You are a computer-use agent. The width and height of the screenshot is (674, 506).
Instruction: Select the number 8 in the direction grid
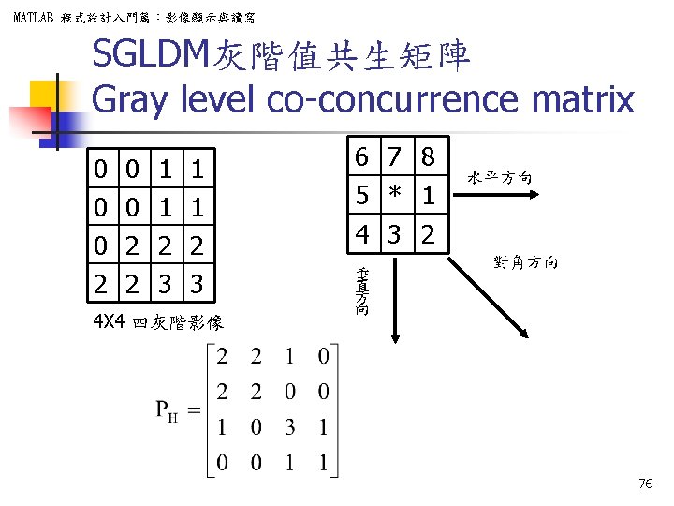(428, 157)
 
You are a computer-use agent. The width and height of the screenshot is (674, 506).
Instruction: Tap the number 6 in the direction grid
(361, 157)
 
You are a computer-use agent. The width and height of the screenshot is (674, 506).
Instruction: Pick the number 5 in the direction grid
(361, 196)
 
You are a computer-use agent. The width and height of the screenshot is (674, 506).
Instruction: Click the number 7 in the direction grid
(395, 157)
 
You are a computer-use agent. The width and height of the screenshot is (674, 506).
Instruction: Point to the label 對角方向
(526, 263)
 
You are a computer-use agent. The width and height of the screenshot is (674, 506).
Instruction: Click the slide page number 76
(644, 484)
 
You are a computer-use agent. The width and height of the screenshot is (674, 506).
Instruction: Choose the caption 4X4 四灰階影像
(157, 323)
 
